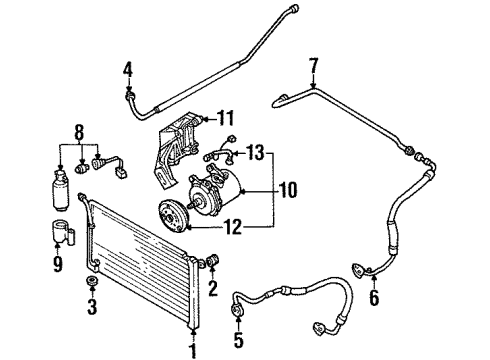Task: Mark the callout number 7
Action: point(314,67)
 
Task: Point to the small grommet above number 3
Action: point(92,284)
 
